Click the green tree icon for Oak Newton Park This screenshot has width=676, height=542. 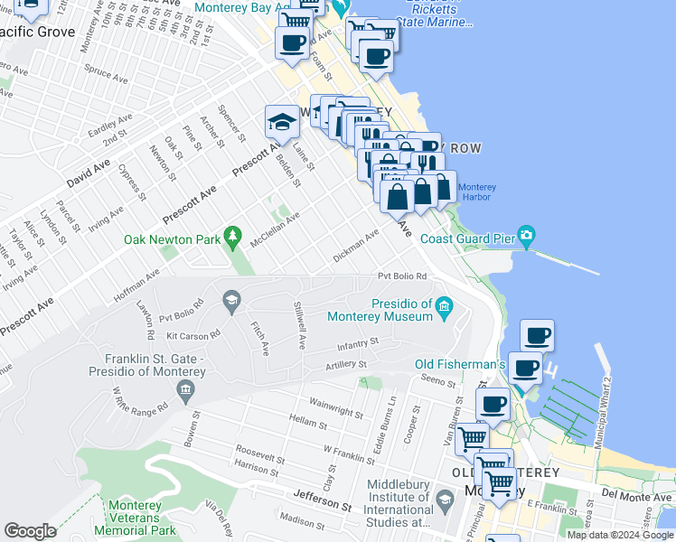[x=233, y=237]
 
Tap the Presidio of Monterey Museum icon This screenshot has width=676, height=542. [x=444, y=309]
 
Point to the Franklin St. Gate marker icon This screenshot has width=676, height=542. [x=185, y=390]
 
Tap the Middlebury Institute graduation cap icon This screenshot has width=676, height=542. [x=444, y=500]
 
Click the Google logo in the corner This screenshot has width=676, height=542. [x=30, y=531]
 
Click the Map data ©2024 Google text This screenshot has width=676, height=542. [x=620, y=535]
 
